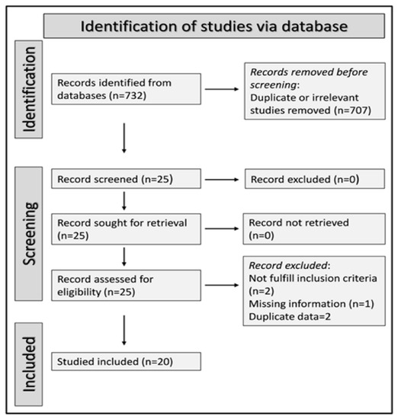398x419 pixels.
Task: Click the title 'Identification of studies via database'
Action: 214,26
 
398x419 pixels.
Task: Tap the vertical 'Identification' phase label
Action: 29,89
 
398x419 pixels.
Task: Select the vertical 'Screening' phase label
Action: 29,234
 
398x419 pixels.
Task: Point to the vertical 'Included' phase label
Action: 29,364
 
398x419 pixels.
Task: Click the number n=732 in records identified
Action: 128,95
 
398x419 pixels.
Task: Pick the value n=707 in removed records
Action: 353,110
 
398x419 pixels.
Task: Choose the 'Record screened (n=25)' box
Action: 126,178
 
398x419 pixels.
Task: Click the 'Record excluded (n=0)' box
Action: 315,179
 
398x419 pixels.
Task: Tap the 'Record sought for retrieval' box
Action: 126,229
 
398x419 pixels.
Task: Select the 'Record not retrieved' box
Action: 314,229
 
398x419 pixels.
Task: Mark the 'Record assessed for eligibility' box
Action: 126,285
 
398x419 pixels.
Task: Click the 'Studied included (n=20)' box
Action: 126,361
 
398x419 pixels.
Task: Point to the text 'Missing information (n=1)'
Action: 311,304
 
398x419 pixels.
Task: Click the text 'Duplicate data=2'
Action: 290,317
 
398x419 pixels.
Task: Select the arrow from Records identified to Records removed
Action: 222,89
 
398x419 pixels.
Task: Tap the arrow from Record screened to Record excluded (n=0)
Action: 222,180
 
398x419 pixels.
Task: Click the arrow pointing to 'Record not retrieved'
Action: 222,229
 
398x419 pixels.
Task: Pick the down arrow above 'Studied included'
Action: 124,331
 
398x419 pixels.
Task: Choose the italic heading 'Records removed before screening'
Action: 309,78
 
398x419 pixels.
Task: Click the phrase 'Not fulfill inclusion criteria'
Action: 313,278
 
